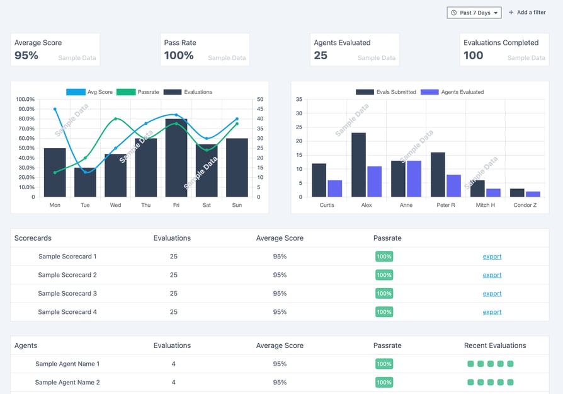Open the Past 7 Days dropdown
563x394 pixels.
click(x=474, y=13)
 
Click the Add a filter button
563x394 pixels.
click(x=527, y=12)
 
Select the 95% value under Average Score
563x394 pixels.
click(x=26, y=55)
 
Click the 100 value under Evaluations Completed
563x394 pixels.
click(x=473, y=55)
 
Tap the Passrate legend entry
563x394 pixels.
click(x=138, y=92)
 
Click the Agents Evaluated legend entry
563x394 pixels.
click(x=452, y=92)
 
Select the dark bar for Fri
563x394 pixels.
click(x=176, y=158)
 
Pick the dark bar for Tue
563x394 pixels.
click(x=85, y=182)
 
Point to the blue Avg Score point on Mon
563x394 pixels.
click(x=55, y=109)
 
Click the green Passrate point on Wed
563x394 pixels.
click(x=116, y=119)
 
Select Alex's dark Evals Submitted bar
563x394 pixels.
click(x=359, y=165)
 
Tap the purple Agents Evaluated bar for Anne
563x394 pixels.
click(x=414, y=178)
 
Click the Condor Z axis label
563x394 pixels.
click(x=525, y=205)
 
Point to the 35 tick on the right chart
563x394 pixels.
click(x=299, y=99)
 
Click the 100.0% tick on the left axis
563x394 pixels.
click(x=25, y=99)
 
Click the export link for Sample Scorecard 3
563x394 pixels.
click(x=492, y=293)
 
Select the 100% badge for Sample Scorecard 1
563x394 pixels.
click(x=384, y=257)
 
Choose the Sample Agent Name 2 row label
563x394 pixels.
click(x=67, y=382)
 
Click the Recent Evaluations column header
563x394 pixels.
click(x=495, y=345)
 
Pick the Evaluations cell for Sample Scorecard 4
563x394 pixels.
click(x=174, y=311)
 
